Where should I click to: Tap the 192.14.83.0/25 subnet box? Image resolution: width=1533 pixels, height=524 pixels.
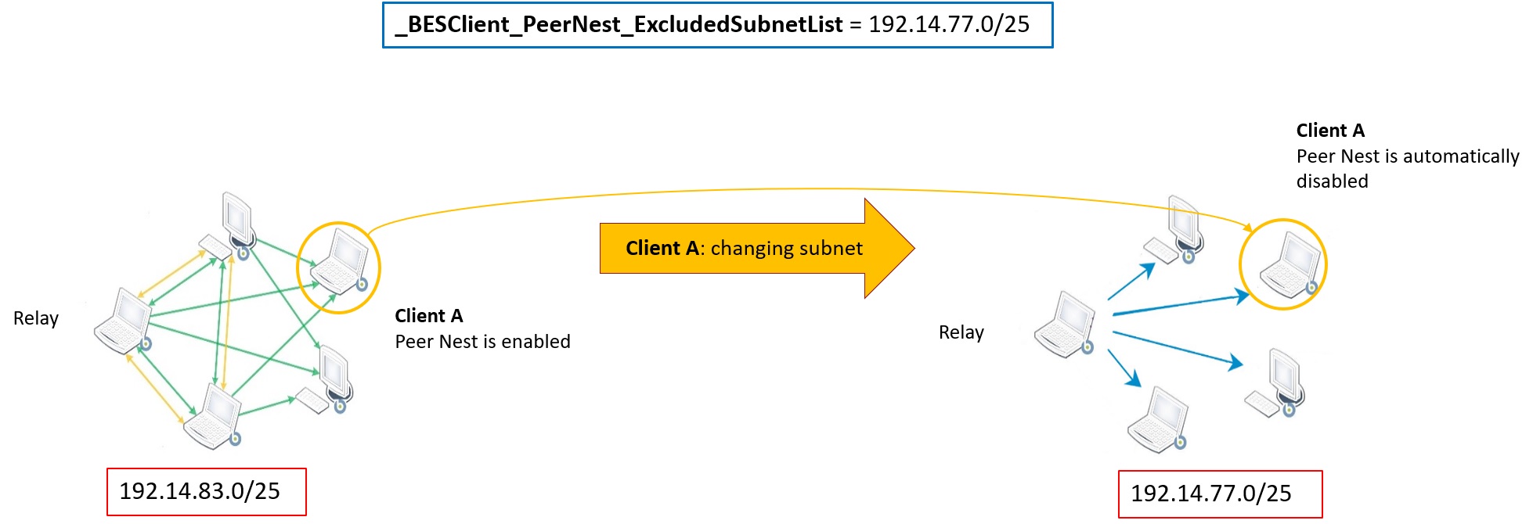pos(206,491)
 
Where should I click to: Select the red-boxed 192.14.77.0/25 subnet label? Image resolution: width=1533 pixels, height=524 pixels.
pos(1219,493)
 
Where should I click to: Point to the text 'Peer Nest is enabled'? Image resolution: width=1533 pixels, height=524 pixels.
pos(482,342)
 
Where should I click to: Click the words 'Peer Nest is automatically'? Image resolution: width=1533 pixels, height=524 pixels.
pos(1407,156)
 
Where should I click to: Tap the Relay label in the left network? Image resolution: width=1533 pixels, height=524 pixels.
pos(36,318)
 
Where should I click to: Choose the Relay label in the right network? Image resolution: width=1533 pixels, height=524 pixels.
pos(961,332)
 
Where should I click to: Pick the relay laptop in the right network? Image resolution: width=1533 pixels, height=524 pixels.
pos(1064,325)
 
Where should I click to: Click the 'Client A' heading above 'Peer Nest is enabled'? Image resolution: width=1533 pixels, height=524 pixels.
pos(428,316)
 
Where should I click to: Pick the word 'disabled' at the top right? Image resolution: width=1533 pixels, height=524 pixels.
pos(1332,181)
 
